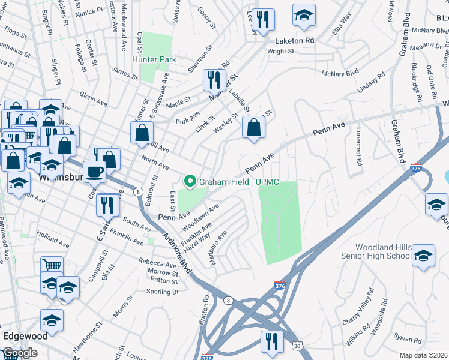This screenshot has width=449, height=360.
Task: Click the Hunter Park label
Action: coord(154,59)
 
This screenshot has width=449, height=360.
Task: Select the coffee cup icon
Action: coord(94,172)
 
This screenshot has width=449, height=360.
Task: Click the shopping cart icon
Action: coord(52,265)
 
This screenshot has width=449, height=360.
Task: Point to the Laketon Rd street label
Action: coord(294,41)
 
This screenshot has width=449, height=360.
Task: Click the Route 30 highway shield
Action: coord(297,346)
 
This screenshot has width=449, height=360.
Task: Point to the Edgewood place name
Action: coord(25,336)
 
